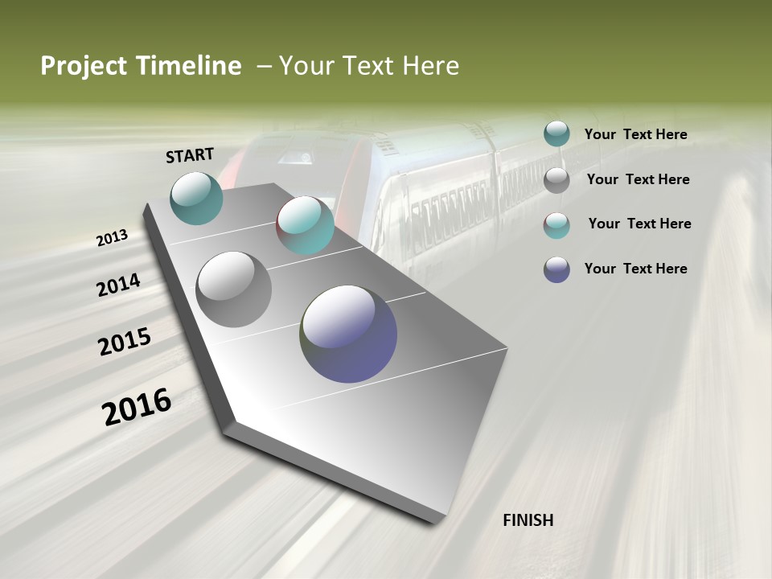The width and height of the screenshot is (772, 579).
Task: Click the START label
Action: click(190, 154)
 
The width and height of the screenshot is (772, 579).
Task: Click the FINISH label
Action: click(528, 520)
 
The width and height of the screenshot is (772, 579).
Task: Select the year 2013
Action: click(112, 238)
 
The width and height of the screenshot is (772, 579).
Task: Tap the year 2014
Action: click(118, 285)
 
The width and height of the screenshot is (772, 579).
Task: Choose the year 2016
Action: click(137, 407)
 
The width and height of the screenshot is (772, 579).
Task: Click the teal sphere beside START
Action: click(196, 198)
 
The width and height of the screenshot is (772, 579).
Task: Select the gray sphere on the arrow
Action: click(233, 289)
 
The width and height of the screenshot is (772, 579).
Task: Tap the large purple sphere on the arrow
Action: click(348, 334)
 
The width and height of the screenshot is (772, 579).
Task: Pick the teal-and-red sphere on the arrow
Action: click(305, 225)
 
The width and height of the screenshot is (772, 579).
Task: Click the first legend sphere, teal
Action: click(556, 134)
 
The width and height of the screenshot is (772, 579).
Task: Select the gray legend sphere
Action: click(556, 179)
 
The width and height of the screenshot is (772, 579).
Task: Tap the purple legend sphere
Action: click(556, 269)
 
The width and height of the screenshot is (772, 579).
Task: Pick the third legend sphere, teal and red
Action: click(556, 224)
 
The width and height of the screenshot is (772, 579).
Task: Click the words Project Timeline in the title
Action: click(141, 66)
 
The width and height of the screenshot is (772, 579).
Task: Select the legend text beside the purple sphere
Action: click(635, 269)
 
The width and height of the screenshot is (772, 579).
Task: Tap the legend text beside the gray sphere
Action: click(638, 179)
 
